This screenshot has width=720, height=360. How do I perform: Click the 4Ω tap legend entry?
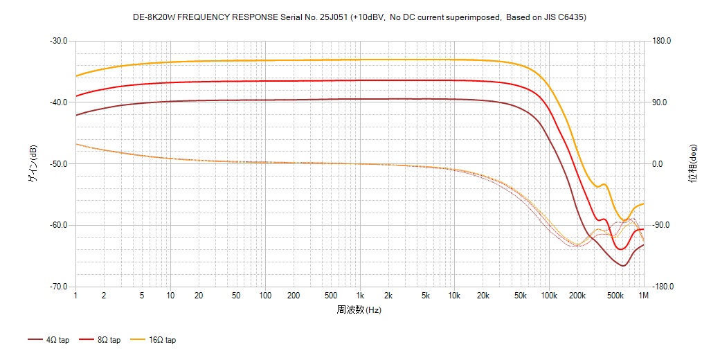(x=49, y=340)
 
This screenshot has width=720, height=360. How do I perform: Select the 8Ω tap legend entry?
(x=101, y=340)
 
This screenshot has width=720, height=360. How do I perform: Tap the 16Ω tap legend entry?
(x=155, y=340)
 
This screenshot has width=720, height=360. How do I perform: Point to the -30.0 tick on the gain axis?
(x=58, y=41)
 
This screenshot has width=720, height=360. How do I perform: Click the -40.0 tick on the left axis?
(x=58, y=102)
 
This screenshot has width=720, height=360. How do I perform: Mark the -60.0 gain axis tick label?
(x=58, y=226)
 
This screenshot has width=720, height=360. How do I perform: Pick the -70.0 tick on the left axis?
(x=58, y=287)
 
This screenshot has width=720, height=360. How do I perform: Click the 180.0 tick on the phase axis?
(x=661, y=41)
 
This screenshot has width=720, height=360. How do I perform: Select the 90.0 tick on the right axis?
(x=659, y=102)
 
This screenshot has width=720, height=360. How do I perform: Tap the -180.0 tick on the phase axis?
(x=663, y=287)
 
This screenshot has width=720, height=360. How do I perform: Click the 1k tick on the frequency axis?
(x=359, y=296)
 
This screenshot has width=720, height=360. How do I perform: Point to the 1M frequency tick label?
(x=643, y=296)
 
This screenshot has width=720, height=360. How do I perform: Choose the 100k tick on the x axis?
(x=549, y=296)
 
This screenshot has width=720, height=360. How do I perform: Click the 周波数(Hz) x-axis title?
(x=359, y=309)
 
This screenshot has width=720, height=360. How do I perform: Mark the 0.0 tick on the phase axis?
(x=658, y=164)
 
